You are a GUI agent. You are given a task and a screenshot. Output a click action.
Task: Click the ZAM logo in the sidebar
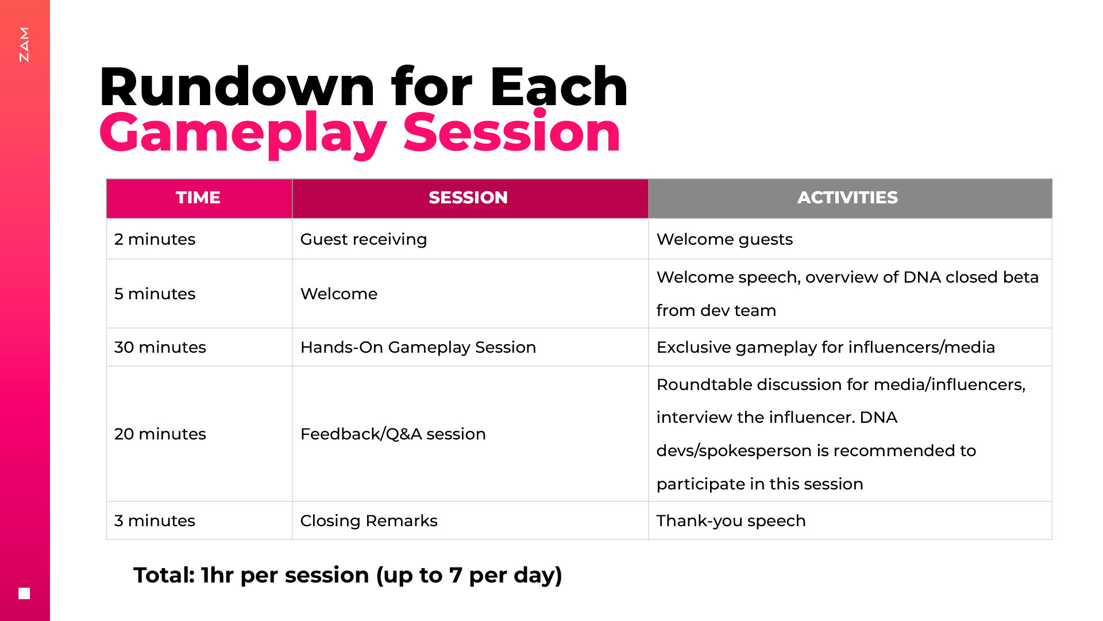(24, 44)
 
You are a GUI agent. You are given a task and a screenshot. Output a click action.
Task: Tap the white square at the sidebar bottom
(24, 593)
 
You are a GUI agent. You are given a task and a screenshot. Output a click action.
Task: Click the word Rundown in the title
(237, 87)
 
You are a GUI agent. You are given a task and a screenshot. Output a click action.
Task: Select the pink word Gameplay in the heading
(243, 134)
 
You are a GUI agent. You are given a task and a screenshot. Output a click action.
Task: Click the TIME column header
(198, 198)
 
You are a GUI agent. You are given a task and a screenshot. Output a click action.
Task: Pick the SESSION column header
(468, 198)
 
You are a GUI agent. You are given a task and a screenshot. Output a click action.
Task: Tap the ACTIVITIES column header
(847, 198)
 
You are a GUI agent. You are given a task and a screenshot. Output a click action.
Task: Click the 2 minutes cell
(155, 239)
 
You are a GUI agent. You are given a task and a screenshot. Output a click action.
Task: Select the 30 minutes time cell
(160, 347)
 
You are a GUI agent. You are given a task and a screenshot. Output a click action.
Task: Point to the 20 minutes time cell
(160, 434)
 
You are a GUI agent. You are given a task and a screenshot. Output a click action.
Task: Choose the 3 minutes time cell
(155, 520)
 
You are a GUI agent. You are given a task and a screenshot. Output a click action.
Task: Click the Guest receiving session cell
(364, 240)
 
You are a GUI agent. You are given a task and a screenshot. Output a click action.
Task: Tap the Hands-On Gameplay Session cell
(418, 348)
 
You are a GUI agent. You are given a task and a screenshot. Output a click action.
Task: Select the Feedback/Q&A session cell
(393, 434)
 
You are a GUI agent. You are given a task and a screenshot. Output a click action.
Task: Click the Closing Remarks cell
(369, 520)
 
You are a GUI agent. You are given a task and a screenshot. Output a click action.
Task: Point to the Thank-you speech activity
(731, 521)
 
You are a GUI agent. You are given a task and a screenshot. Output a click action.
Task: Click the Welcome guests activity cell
(724, 240)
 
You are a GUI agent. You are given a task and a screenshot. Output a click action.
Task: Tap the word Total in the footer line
(164, 575)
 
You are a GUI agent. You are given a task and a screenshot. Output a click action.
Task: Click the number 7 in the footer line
(455, 575)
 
